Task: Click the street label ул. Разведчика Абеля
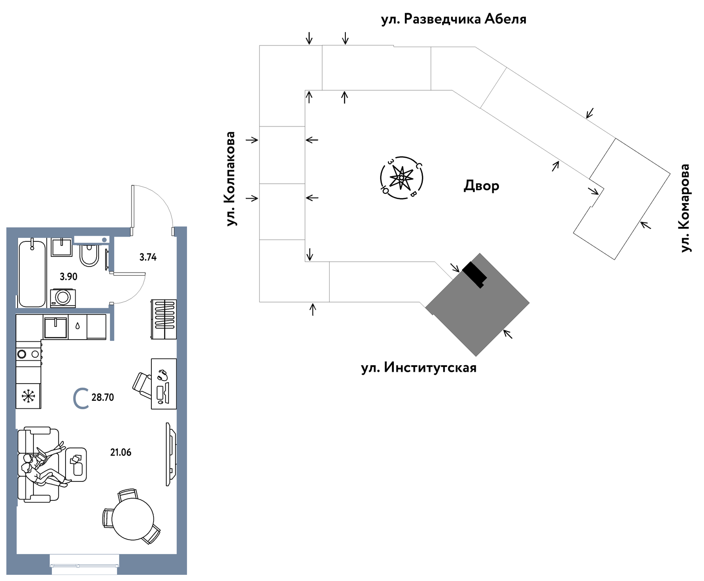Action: [x=454, y=19]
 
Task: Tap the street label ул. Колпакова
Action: [x=231, y=179]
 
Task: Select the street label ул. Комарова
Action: [x=685, y=208]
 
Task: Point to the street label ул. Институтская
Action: [x=418, y=367]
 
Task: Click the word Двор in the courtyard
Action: [x=481, y=186]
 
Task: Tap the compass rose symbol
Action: [x=401, y=178]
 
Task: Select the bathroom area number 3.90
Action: [x=69, y=277]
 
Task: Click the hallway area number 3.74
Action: [x=148, y=257]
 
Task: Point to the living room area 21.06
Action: [x=121, y=452]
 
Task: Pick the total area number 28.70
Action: [x=103, y=397]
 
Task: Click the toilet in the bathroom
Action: [x=89, y=255]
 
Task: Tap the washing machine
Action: [x=63, y=298]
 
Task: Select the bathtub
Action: [x=32, y=273]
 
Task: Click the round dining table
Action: [x=132, y=519]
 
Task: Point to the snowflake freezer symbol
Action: [x=29, y=396]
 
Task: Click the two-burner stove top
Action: [x=29, y=354]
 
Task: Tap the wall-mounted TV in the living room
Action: [x=171, y=454]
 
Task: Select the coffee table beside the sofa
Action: [x=76, y=464]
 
